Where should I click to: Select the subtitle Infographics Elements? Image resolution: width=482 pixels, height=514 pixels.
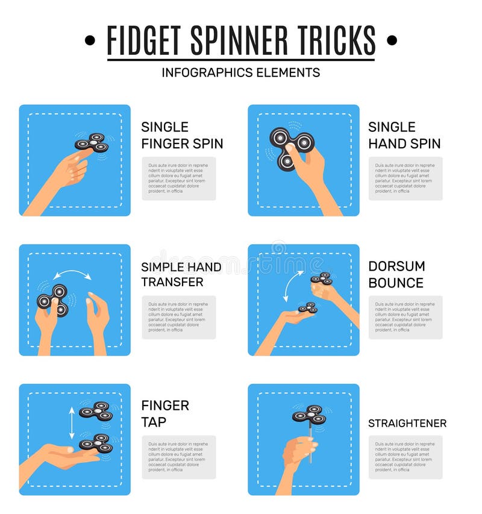[x=240, y=72]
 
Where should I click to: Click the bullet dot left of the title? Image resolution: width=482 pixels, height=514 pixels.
[x=90, y=40]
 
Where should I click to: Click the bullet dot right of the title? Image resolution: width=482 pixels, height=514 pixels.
[x=392, y=40]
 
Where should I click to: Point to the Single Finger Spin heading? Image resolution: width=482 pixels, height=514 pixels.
[x=182, y=135]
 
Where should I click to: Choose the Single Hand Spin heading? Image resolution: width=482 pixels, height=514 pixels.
[x=404, y=135]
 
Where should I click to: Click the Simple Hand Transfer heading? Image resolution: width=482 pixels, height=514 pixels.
[x=181, y=274]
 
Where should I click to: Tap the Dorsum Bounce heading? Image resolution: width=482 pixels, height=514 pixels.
[x=396, y=274]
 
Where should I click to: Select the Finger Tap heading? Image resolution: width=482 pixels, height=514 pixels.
[x=165, y=413]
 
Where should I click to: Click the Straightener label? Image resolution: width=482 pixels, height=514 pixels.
[x=407, y=423]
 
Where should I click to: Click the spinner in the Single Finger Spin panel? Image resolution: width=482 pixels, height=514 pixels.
[x=92, y=143]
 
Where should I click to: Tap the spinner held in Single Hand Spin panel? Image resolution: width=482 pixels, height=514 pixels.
[x=290, y=147]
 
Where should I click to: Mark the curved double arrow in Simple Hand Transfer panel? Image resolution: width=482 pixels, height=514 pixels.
[x=71, y=275]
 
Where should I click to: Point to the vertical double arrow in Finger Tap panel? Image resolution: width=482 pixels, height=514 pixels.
[x=72, y=422]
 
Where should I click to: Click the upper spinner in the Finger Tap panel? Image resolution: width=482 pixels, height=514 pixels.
[x=96, y=410]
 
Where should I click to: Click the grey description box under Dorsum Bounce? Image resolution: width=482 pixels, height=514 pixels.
[x=405, y=317]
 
